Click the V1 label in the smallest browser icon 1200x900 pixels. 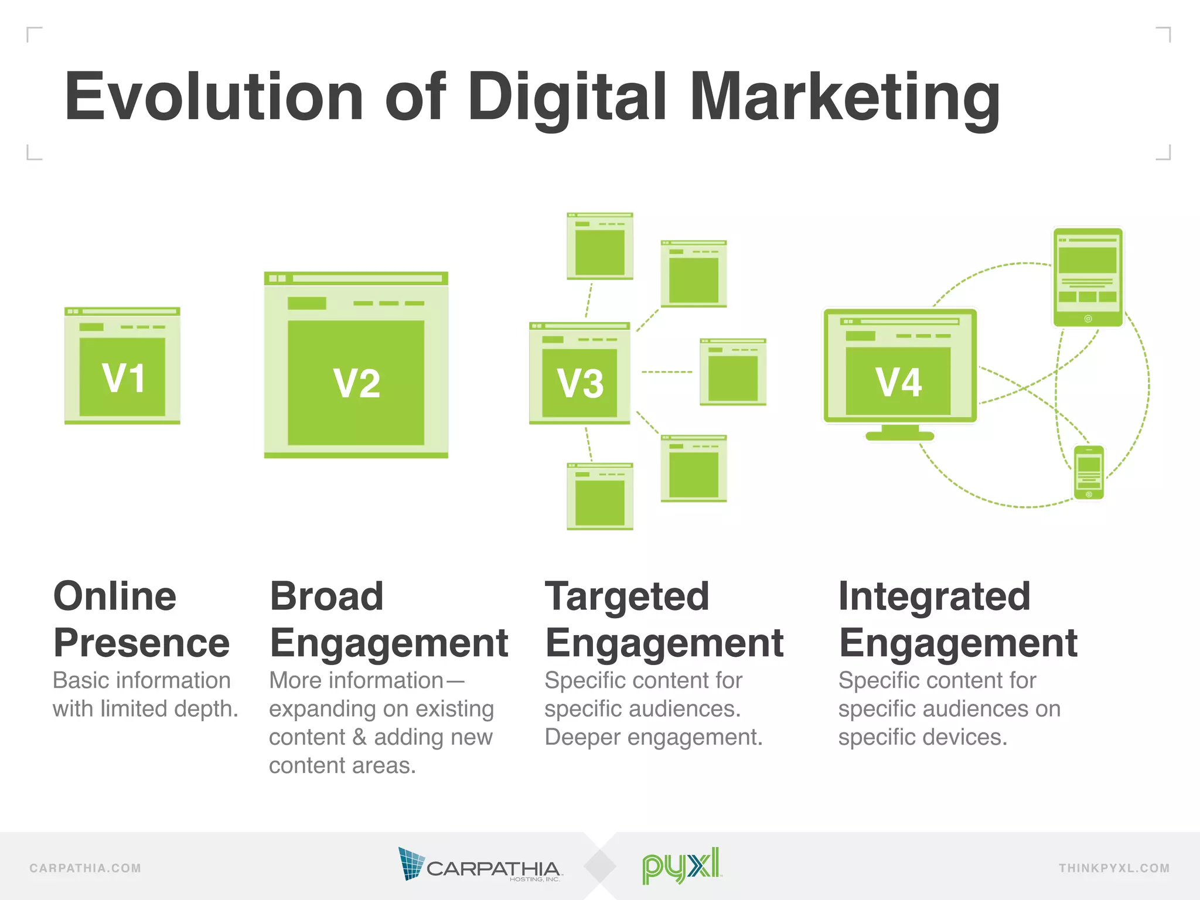pos(123,378)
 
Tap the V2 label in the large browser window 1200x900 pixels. pos(357,384)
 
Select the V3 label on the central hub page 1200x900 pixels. pos(580,384)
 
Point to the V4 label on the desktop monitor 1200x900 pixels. pos(899,383)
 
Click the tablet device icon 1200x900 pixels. pos(1088,277)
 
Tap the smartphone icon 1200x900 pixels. pos(1089,472)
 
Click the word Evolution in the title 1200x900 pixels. pos(214,97)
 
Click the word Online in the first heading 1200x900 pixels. pos(115,596)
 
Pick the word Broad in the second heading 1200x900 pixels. pos(326,596)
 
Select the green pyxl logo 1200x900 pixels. pos(681,865)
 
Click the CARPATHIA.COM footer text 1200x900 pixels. pos(86,868)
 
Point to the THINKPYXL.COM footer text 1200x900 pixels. pos(1114,868)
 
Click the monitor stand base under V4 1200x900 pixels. pos(900,435)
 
